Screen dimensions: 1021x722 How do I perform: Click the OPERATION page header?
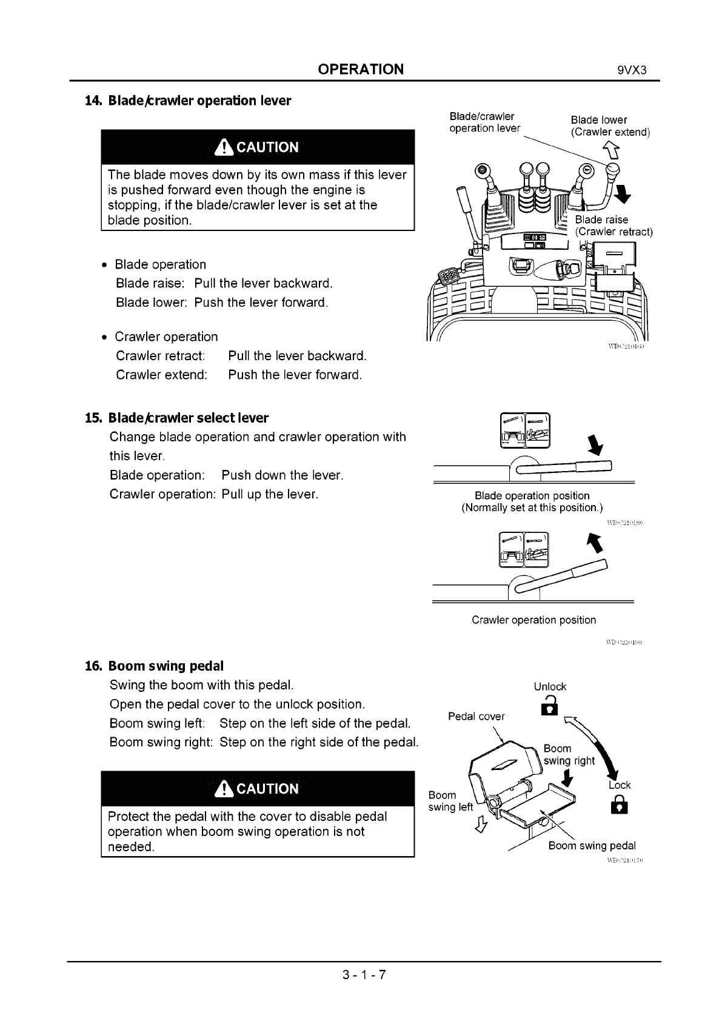(x=361, y=69)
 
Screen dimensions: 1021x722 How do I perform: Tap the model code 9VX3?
(x=632, y=70)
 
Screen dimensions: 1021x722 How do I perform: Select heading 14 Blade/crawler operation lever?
(x=189, y=101)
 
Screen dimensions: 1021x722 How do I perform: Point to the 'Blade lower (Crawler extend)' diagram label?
(x=609, y=126)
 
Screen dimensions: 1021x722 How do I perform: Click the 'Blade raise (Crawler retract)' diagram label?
(x=613, y=226)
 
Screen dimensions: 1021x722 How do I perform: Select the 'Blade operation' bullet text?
(x=160, y=264)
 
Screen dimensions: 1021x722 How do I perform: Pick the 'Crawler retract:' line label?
(x=160, y=355)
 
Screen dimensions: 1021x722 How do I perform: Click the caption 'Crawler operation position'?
(x=533, y=620)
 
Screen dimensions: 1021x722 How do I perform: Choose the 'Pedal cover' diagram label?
(x=476, y=717)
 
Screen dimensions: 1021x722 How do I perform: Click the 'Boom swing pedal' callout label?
(x=592, y=846)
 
